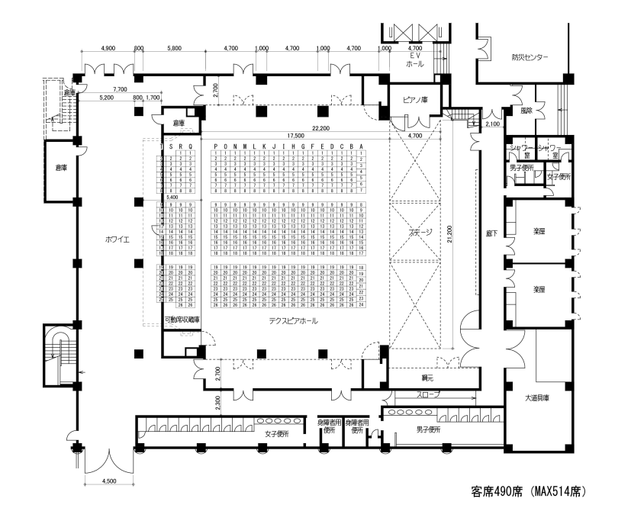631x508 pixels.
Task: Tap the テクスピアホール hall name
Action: coord(293,321)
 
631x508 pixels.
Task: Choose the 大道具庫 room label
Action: coord(537,397)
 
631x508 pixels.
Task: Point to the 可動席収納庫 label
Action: coord(182,320)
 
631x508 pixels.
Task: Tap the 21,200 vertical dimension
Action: coord(451,236)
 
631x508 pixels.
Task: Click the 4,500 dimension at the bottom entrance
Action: coord(109,481)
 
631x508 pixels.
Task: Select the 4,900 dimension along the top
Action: coord(108,48)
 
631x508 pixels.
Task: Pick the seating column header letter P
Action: coord(217,146)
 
